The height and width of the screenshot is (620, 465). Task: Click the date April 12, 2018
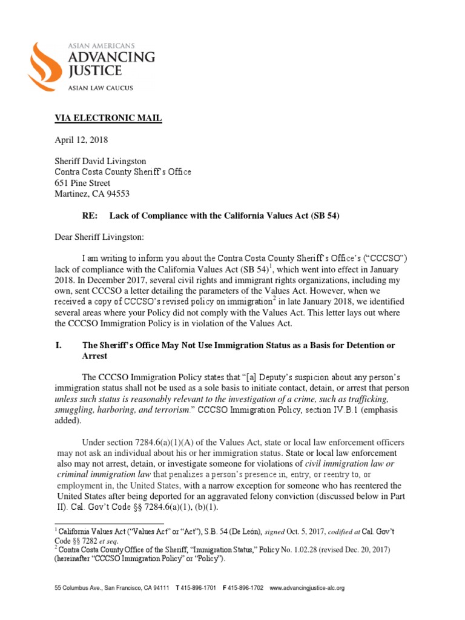point(81,140)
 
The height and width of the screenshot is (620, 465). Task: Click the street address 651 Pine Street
point(82,183)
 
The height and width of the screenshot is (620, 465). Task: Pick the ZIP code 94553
point(117,194)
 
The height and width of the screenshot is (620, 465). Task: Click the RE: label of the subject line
point(90,216)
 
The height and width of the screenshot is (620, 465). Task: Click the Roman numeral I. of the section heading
point(59,345)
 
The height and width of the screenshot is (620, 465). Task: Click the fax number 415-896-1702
point(245,588)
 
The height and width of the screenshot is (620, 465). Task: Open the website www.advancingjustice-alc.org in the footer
point(307,588)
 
